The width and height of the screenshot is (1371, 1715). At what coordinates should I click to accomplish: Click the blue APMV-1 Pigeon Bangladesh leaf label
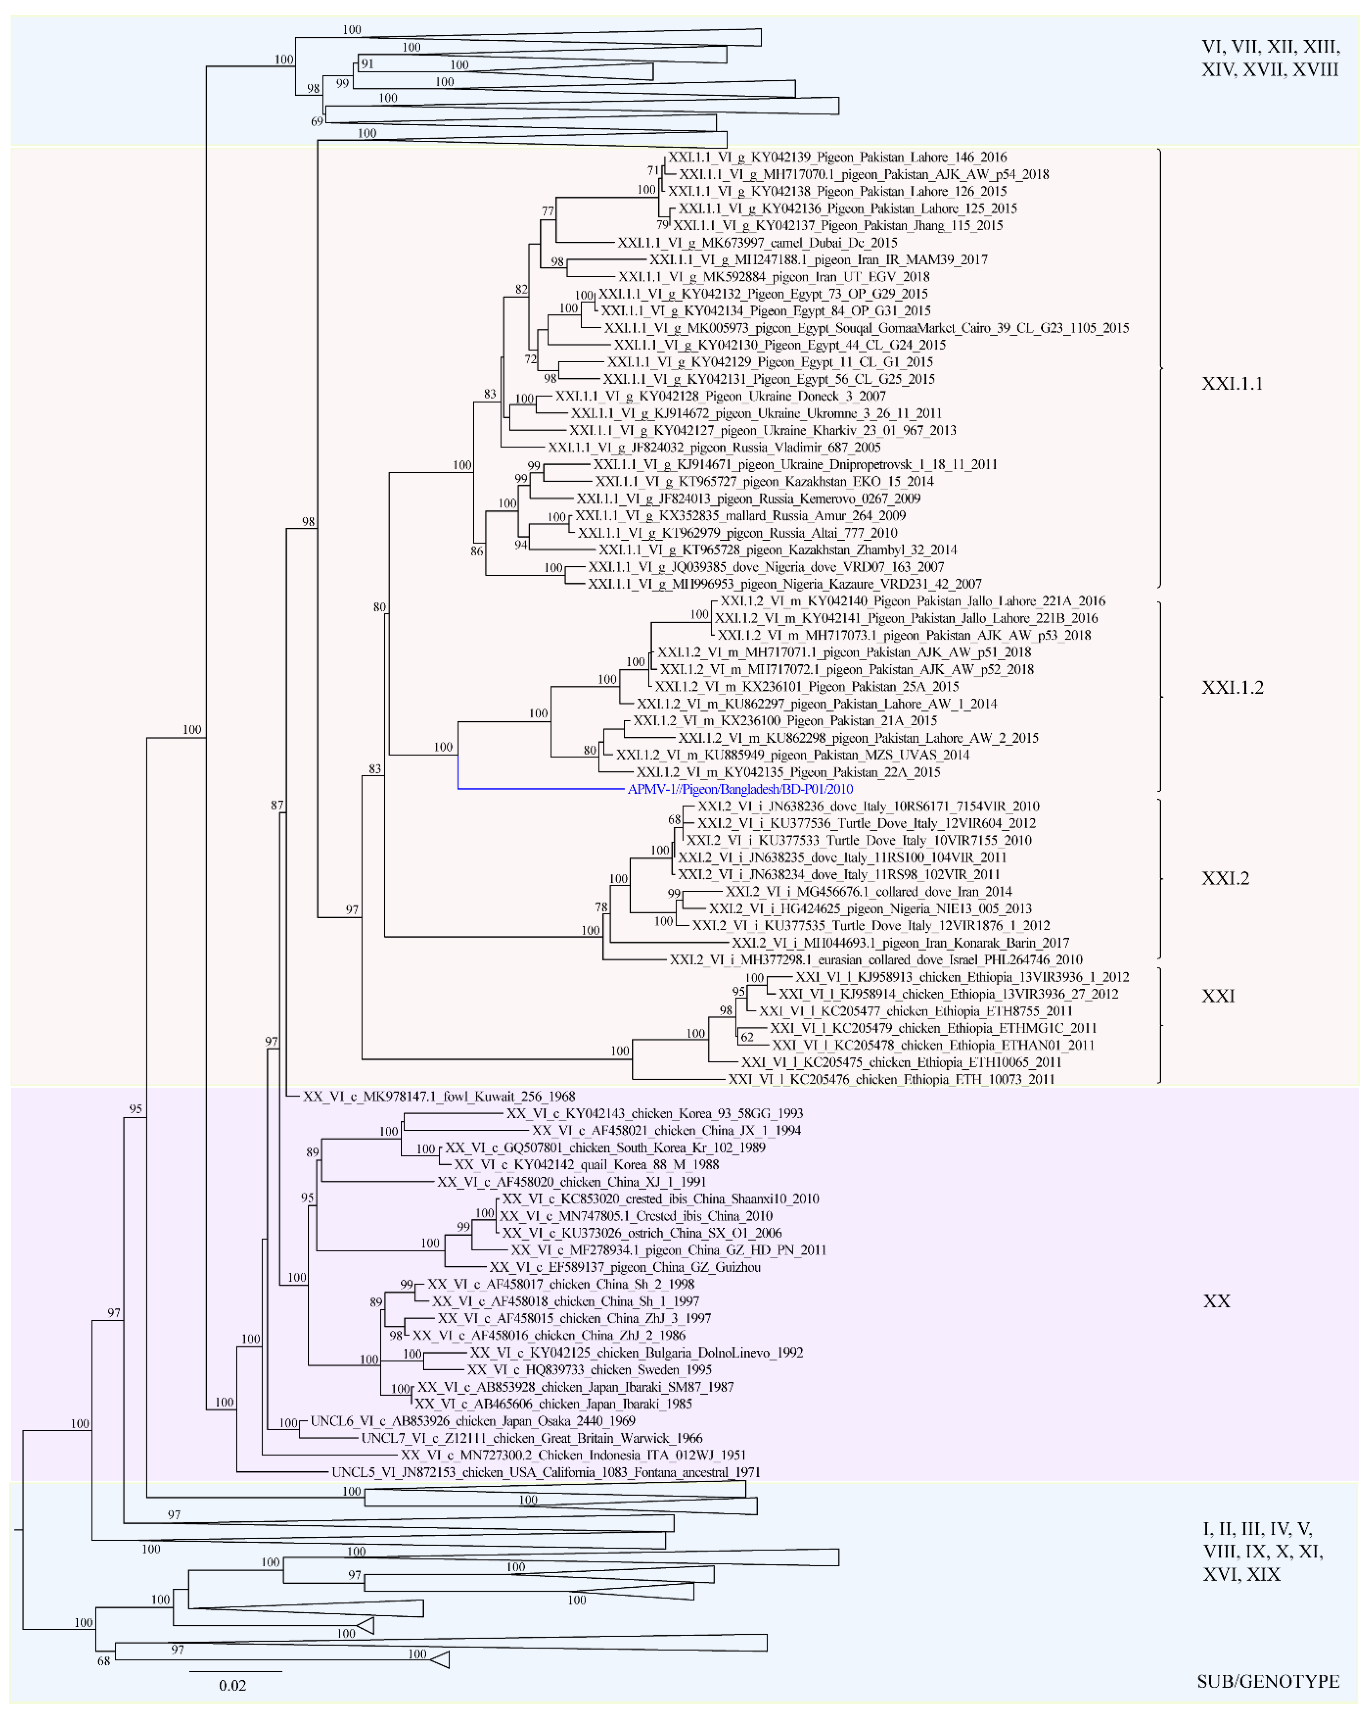(740, 789)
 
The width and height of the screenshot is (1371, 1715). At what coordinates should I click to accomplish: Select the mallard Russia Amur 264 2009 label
(740, 515)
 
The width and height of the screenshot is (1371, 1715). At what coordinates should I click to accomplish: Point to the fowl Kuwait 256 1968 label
(438, 1096)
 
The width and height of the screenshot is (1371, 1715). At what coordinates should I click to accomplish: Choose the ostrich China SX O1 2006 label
(641, 1233)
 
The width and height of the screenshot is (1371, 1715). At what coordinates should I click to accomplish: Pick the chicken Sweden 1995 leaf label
(589, 1370)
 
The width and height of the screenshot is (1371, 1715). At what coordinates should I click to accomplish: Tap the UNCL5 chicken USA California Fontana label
(546, 1472)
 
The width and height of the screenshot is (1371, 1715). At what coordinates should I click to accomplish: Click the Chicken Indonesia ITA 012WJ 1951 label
(573, 1455)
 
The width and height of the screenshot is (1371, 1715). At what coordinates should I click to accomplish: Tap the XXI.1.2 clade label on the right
(1232, 688)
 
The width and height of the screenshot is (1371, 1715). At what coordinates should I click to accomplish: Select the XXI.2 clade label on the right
(1224, 878)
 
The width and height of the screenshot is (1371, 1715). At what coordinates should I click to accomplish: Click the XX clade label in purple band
(1216, 1301)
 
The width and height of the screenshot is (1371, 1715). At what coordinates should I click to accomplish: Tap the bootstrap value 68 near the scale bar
(103, 1661)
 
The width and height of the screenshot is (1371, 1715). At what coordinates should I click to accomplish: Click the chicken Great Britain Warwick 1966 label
(532, 1438)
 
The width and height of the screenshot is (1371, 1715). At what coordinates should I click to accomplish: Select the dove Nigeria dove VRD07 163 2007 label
(766, 567)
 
